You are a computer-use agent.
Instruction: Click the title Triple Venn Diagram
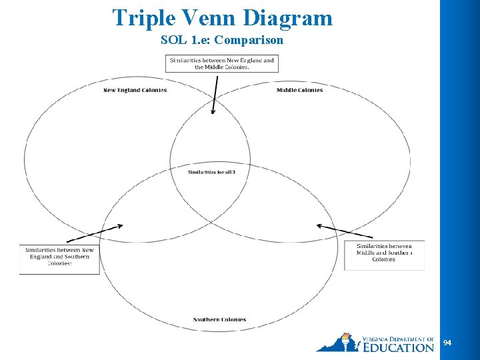pyautogui.click(x=222, y=17)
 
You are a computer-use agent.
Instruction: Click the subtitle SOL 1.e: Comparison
pyautogui.click(x=222, y=40)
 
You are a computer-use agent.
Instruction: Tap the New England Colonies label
pyautogui.click(x=135, y=90)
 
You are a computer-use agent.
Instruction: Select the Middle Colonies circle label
pyautogui.click(x=299, y=90)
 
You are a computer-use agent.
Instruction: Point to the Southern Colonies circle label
pyautogui.click(x=219, y=320)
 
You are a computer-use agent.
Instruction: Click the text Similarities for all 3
pyautogui.click(x=211, y=172)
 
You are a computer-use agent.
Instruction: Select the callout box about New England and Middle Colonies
pyautogui.click(x=222, y=63)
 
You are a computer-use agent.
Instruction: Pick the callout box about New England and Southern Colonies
pyautogui.click(x=59, y=257)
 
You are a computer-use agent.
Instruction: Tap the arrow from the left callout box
pyautogui.click(x=95, y=233)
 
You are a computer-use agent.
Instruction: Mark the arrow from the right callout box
pyautogui.click(x=336, y=231)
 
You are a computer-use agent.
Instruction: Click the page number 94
pyautogui.click(x=447, y=343)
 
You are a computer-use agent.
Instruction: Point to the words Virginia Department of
pyautogui.click(x=399, y=339)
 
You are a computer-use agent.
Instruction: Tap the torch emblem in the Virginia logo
pyautogui.click(x=345, y=341)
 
